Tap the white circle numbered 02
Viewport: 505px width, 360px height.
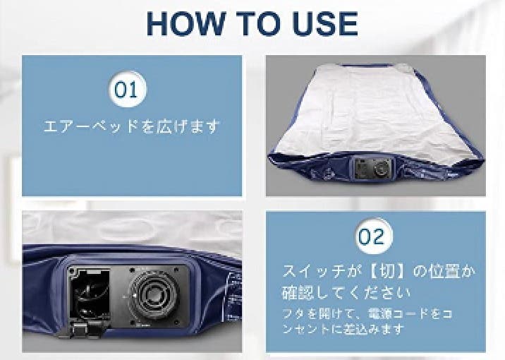pyautogui.click(x=372, y=235)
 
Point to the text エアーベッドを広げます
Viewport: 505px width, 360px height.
pyautogui.click(x=132, y=127)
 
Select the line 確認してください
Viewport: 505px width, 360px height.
pyautogui.click(x=346, y=291)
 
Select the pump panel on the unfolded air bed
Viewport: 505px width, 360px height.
pyautogui.click(x=372, y=169)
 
